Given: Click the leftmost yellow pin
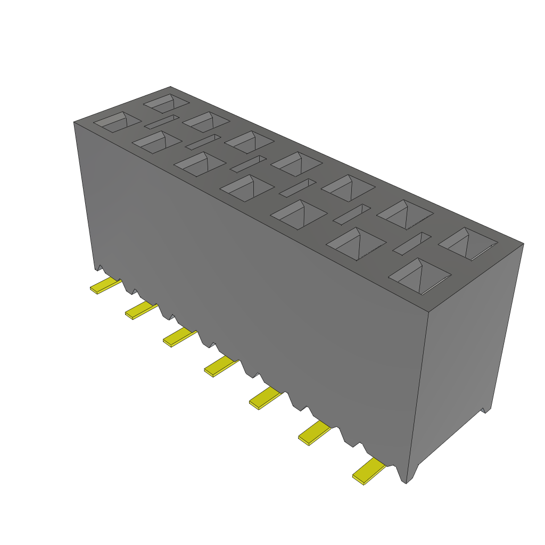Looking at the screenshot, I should [105, 286].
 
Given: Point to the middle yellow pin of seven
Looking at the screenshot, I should [220, 366].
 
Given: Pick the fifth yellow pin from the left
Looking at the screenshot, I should [264, 398].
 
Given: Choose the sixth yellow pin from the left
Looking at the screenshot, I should [313, 432].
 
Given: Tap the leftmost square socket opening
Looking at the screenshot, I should [117, 122].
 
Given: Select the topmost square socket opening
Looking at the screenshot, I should [166, 102].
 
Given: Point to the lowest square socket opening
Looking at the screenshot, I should [420, 276].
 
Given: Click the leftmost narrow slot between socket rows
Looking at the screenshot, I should [162, 122].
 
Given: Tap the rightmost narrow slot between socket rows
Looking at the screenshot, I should [411, 242].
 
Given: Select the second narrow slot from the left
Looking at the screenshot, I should [202, 142].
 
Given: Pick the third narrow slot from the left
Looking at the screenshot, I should [248, 163].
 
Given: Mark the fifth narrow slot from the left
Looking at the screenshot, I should [352, 213].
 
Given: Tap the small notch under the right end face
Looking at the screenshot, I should [485, 410].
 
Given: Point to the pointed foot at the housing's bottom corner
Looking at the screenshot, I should [407, 479].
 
